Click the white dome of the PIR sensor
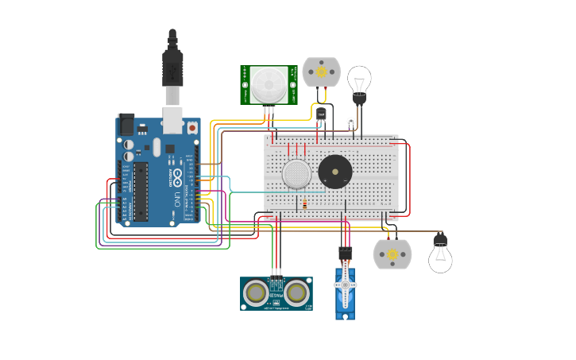coord(269,83)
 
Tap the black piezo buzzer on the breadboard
coord(335,171)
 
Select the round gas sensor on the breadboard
coord(296,173)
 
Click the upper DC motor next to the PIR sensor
coord(321,72)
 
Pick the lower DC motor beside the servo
coord(392,254)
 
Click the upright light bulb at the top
coord(359,81)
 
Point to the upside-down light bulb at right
coord(440,256)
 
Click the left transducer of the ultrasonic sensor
coord(256,293)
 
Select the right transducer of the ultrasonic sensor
coord(297,293)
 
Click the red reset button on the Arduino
coord(191,127)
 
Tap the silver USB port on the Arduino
coord(172,119)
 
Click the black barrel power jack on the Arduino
coord(126,125)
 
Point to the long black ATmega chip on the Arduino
coord(141,191)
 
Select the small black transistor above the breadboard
coord(321,114)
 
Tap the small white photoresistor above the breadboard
coord(350,122)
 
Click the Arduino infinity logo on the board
coord(176,176)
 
